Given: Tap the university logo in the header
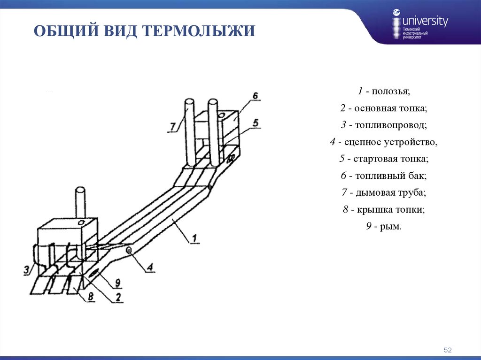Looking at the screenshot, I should point(420,26).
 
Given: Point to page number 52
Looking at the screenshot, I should point(447,350).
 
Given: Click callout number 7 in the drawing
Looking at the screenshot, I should point(172,126).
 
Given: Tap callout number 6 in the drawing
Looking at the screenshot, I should point(254,96).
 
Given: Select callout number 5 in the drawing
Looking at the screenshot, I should point(255,123).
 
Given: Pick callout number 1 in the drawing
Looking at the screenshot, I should point(194,237).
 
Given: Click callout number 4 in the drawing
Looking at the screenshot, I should point(150,267).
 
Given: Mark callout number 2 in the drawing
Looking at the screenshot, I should point(118,296).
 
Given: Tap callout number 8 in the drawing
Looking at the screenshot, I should point(89,295).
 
